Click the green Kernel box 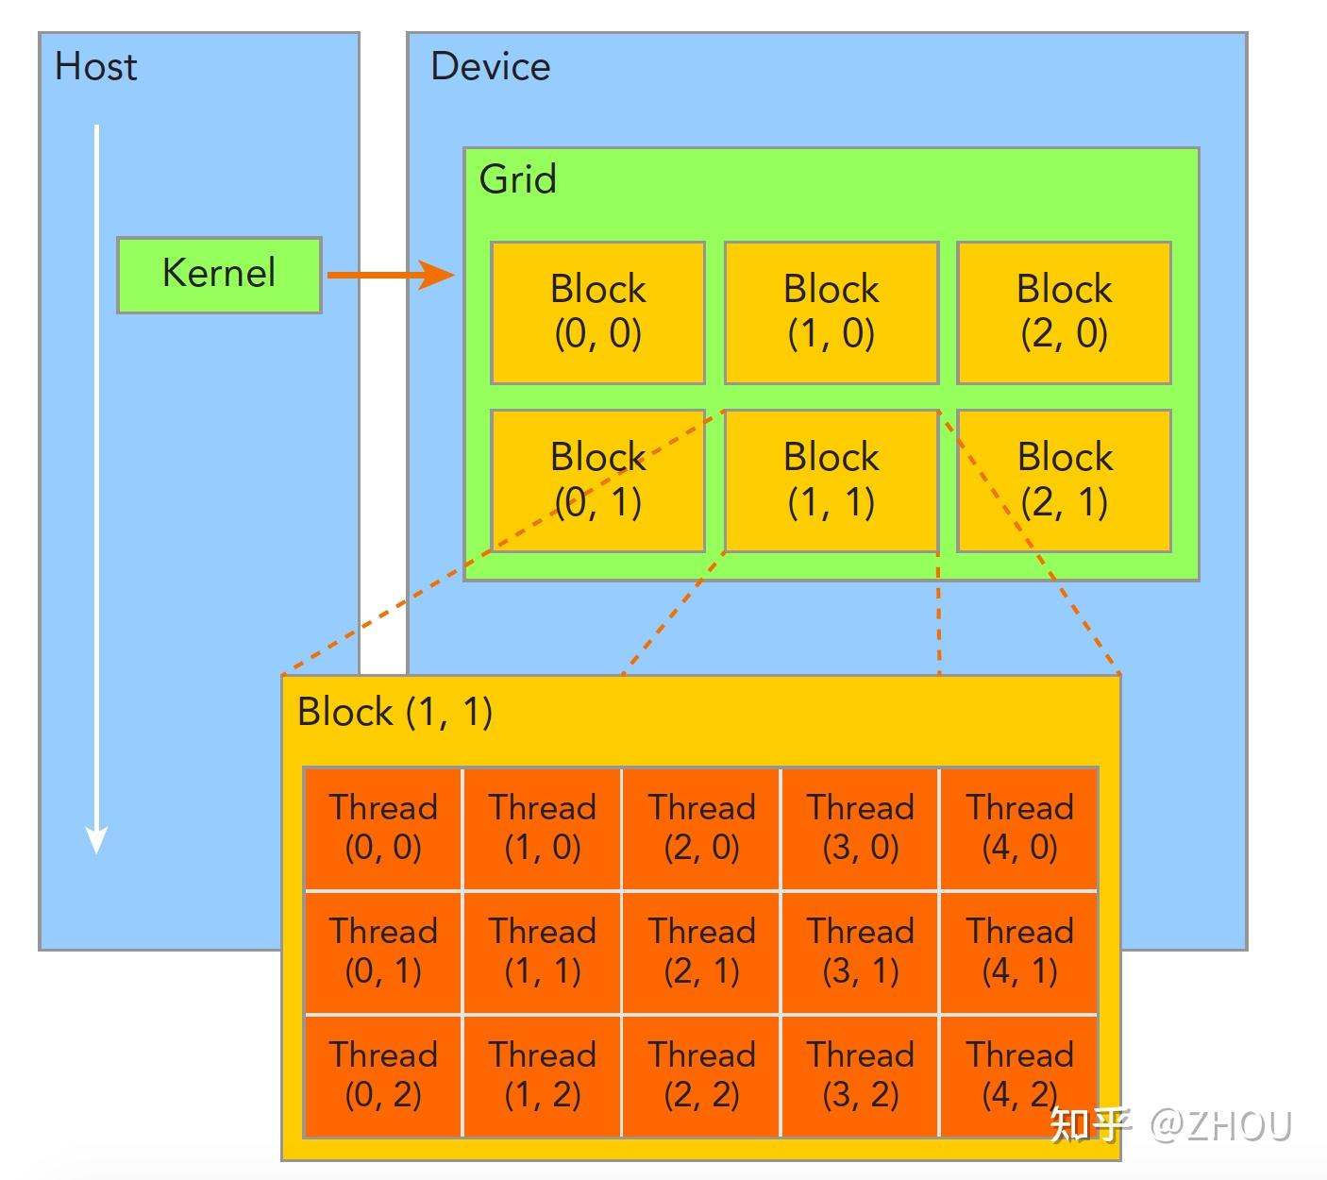(x=219, y=275)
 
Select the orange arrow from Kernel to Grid (x=390, y=275)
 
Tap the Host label (x=95, y=67)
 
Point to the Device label (x=490, y=67)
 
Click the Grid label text (x=517, y=179)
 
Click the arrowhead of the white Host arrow (x=96, y=839)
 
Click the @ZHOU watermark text (x=1220, y=1125)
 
